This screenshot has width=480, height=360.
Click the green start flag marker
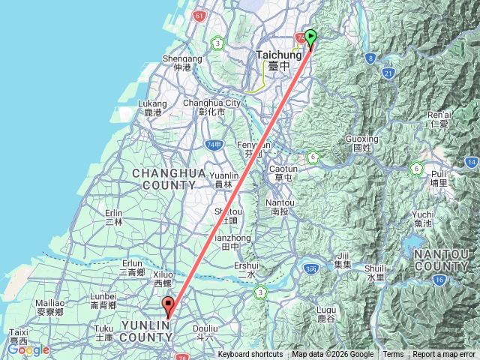click(x=310, y=36)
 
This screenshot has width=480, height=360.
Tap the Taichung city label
click(x=278, y=59)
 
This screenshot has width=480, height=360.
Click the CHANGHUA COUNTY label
click(x=169, y=178)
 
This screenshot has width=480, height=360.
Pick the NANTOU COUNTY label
click(x=442, y=260)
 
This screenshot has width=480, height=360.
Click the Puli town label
click(x=439, y=177)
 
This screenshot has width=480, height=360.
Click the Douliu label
click(x=205, y=331)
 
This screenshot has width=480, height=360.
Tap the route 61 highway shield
click(x=198, y=16)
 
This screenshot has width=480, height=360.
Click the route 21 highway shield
click(x=388, y=73)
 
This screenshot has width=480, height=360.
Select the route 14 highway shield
click(x=471, y=162)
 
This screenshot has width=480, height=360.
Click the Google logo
click(x=28, y=349)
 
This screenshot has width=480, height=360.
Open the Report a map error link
click(x=445, y=355)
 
